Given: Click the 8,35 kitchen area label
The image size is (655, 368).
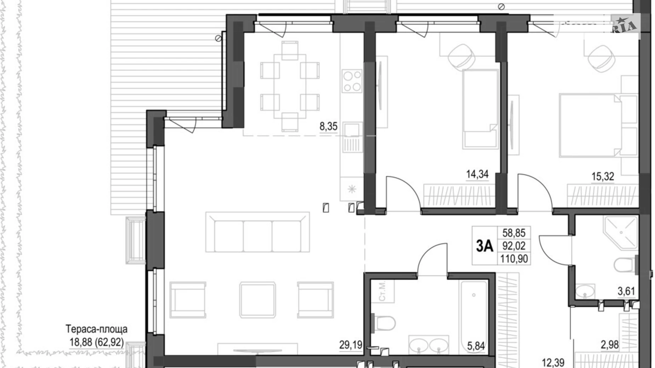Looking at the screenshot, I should pyautogui.click(x=328, y=126).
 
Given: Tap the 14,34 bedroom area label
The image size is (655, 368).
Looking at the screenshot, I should pyautogui.click(x=477, y=174).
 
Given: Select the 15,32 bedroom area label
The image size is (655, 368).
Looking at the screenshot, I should pyautogui.click(x=603, y=176).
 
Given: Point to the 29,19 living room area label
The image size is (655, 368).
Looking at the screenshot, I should pyautogui.click(x=351, y=345).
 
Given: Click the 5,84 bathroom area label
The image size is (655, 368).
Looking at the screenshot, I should pyautogui.click(x=475, y=346).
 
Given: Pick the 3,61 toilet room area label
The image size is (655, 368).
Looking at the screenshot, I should pyautogui.click(x=626, y=291).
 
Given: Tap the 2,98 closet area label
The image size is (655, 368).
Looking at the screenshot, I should pyautogui.click(x=609, y=344).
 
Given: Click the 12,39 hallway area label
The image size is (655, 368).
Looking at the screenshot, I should pyautogui.click(x=553, y=362).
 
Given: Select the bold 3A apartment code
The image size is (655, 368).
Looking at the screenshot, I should pyautogui.click(x=484, y=246).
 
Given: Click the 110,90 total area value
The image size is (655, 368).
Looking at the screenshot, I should pyautogui.click(x=514, y=259).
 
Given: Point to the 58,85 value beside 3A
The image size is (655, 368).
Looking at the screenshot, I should pyautogui.click(x=514, y=233).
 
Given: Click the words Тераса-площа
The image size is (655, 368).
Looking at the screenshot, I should pyautogui.click(x=96, y=329).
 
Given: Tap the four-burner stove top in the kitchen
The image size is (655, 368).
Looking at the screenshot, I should pyautogui.click(x=352, y=81).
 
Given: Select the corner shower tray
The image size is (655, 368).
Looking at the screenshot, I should pyautogui.click(x=621, y=233).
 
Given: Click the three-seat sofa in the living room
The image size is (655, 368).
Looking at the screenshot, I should pyautogui.click(x=257, y=232).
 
